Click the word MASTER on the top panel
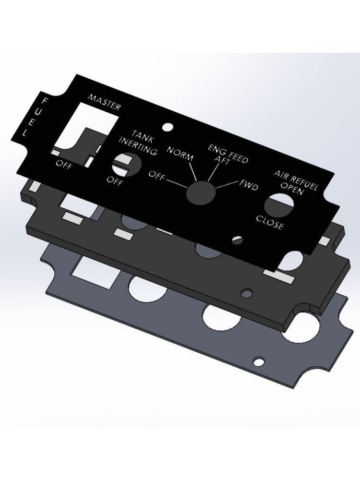(x=104, y=102)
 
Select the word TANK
(x=143, y=136)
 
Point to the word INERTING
(x=138, y=146)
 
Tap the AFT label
(x=222, y=159)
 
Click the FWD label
(x=249, y=185)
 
